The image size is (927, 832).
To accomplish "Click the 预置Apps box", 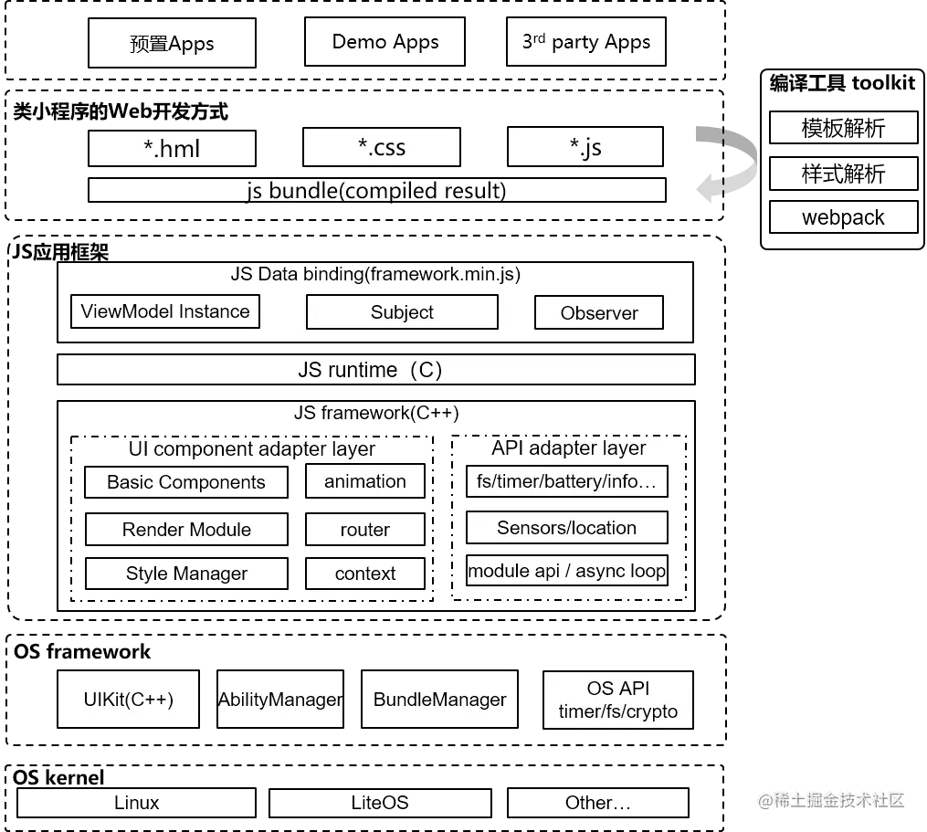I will point(172,43).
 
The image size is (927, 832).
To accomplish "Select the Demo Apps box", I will point(385,42).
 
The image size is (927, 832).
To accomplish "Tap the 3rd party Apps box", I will point(585,42).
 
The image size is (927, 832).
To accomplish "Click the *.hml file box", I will point(172,149).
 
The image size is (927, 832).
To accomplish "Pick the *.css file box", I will point(381,147).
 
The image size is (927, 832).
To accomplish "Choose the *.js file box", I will point(585,147).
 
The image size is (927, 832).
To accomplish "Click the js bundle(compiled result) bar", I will point(376,191).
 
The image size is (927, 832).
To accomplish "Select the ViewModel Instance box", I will point(165,311).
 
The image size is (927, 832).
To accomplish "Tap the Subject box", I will point(402,312).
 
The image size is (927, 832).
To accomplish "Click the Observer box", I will point(599,312).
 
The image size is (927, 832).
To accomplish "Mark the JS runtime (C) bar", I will point(376,370).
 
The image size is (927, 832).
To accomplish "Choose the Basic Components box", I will point(186,482).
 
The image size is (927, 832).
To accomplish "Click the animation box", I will point(365,481).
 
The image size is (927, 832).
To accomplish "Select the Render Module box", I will point(186,530).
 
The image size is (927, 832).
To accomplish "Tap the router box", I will point(365,530).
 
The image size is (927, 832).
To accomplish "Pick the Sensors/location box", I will point(567,528).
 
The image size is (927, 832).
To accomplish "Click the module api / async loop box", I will point(567,572).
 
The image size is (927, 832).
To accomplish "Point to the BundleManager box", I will point(439,700).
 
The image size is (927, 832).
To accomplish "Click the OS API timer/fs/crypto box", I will point(618,700).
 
